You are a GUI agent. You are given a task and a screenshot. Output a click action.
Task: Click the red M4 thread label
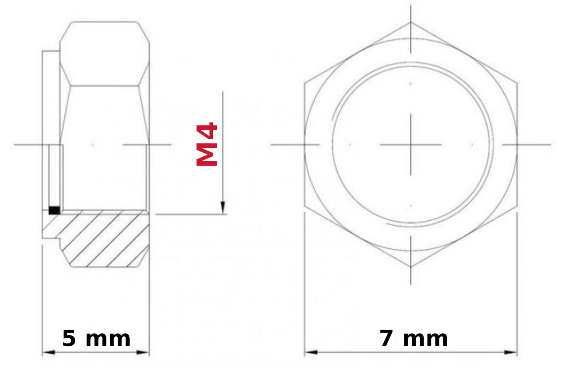click(x=207, y=144)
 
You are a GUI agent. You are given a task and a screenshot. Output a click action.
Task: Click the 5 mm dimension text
click(x=96, y=339)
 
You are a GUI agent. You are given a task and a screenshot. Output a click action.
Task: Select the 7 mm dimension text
click(x=414, y=339)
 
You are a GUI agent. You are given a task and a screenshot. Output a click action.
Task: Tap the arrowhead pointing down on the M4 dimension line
click(x=222, y=208)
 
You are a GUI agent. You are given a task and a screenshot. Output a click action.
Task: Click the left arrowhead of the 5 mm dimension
click(x=49, y=352)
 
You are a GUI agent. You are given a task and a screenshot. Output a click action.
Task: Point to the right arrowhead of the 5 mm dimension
click(x=143, y=352)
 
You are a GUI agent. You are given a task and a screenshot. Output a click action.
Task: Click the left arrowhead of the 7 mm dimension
click(x=311, y=352)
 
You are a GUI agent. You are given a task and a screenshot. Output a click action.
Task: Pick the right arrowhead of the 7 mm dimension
click(x=511, y=352)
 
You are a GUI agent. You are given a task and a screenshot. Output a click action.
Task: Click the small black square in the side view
click(x=54, y=210)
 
